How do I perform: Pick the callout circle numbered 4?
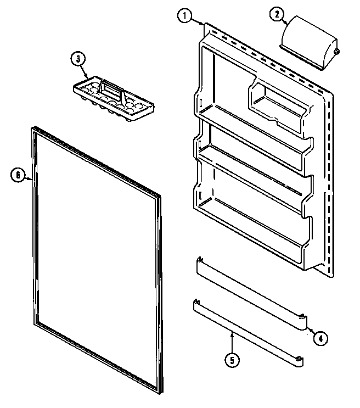click(x=320, y=338)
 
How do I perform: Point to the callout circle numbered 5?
click(x=233, y=360)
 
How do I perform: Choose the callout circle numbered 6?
click(x=18, y=176)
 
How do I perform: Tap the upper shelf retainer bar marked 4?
click(x=250, y=295)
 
